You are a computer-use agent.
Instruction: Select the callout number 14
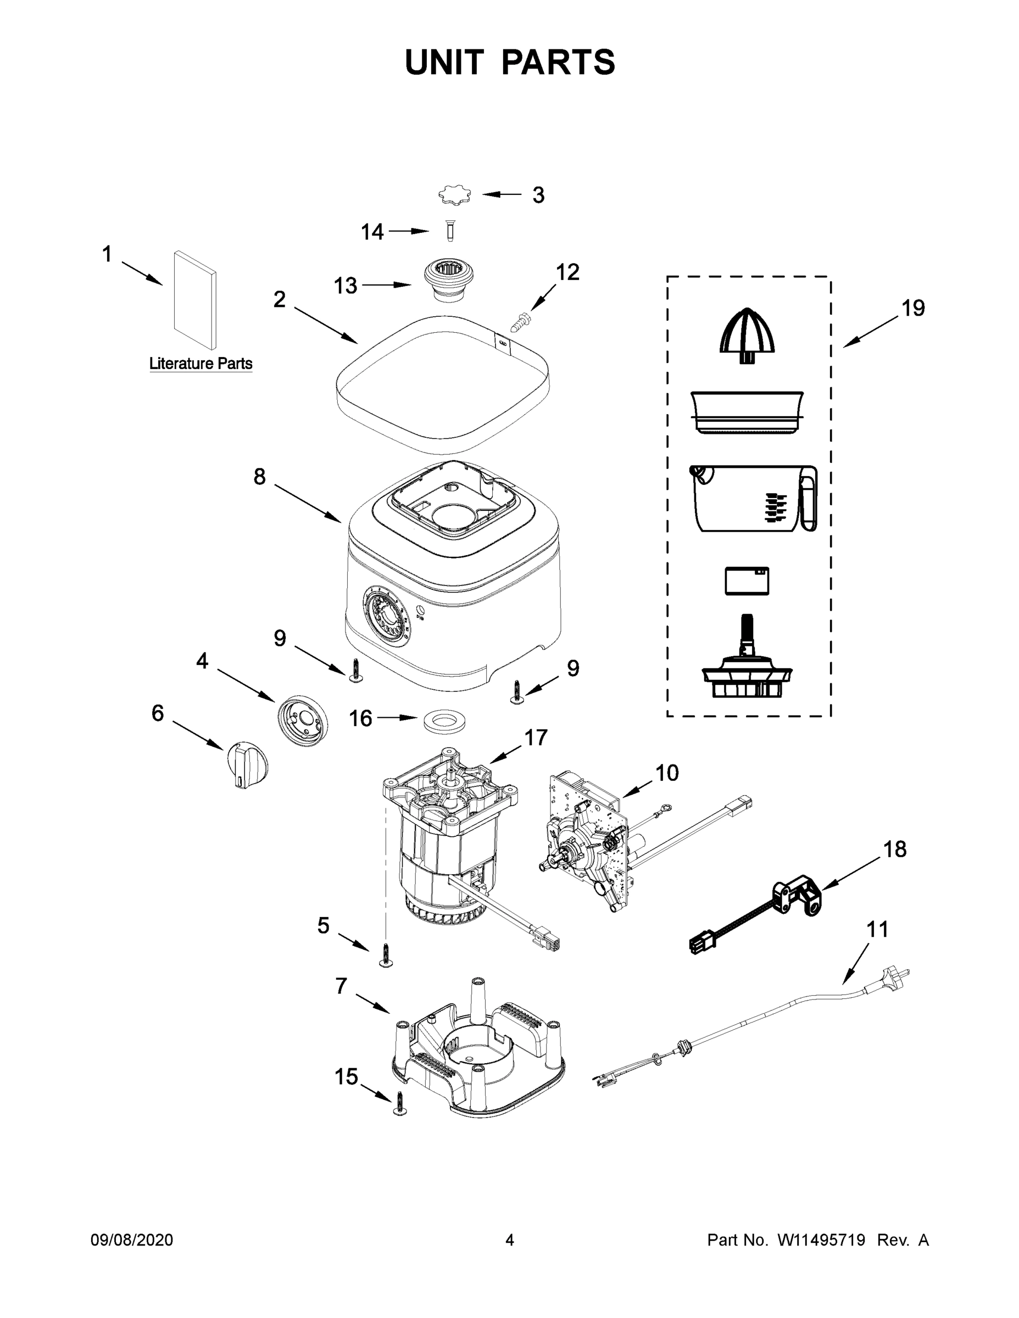coord(372,232)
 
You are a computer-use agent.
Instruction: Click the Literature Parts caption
coord(201,364)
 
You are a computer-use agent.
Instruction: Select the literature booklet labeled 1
coord(195,300)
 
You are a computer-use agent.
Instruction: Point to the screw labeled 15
coord(399,1103)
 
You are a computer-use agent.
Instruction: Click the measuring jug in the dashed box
coord(753,499)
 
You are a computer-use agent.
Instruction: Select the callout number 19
coord(913,309)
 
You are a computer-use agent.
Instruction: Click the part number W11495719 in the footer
coord(821,1240)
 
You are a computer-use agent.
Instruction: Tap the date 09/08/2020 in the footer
coord(132,1240)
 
